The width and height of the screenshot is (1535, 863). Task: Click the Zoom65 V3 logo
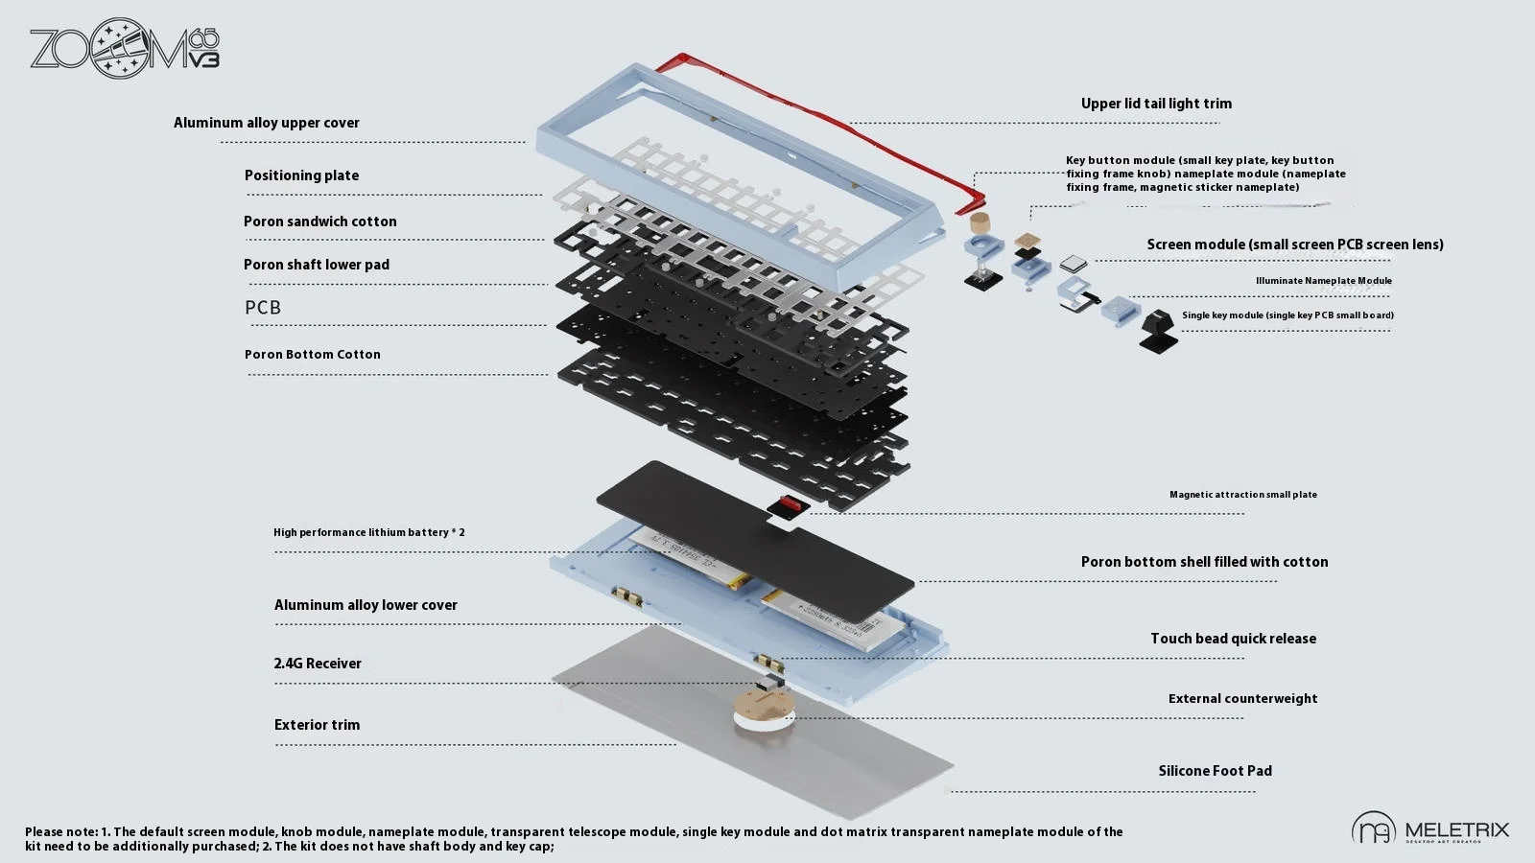(125, 48)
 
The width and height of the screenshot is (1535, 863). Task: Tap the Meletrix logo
(1429, 829)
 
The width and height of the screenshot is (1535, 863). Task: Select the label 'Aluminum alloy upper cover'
(267, 123)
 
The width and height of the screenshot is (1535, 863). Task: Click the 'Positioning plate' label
(301, 175)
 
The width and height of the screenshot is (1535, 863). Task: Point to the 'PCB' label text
(263, 308)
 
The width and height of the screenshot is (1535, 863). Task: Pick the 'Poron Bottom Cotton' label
(313, 355)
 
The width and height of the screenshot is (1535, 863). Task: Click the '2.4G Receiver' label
(318, 664)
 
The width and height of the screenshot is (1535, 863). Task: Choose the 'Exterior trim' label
(317, 725)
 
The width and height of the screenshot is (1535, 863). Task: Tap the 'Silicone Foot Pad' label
(1215, 771)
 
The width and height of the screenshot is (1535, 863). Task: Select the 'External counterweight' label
(1242, 699)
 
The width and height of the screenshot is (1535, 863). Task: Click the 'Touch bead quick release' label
(1233, 639)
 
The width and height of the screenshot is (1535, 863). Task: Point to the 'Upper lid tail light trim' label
(1156, 104)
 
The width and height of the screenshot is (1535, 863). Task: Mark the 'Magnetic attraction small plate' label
(1242, 495)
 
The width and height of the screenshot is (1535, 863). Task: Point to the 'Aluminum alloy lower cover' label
(366, 605)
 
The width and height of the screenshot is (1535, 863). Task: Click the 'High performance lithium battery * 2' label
(368, 532)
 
